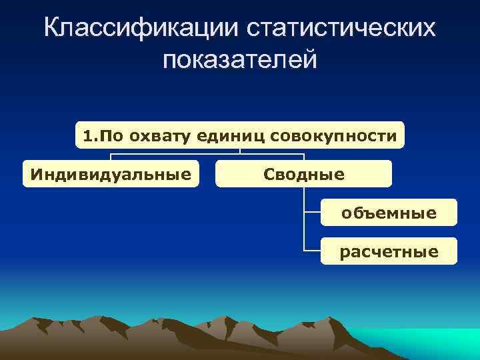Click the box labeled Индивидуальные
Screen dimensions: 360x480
[111, 175]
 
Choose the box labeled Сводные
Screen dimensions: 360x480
[304, 175]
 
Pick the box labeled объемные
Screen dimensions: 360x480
[389, 213]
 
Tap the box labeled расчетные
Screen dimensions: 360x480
[389, 251]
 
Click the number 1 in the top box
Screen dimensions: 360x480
[87, 137]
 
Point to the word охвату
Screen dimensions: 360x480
[162, 137]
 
